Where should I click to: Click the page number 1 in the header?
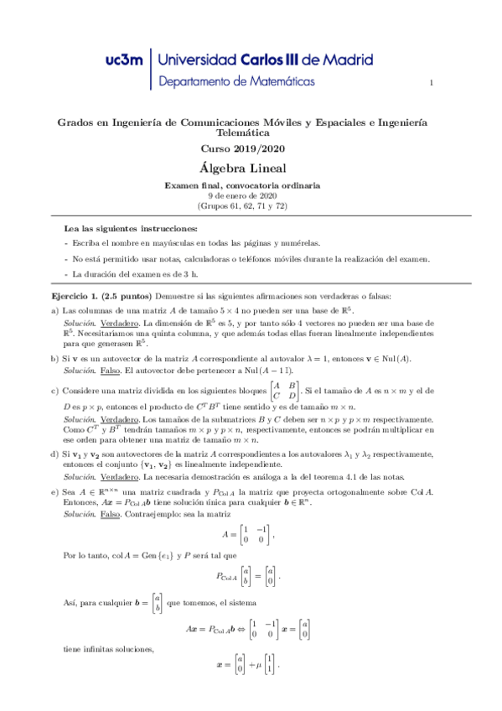click(431, 82)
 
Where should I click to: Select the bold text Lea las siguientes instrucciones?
click(132, 228)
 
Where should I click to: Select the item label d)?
click(54, 454)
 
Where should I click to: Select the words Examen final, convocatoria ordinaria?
click(241, 184)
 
